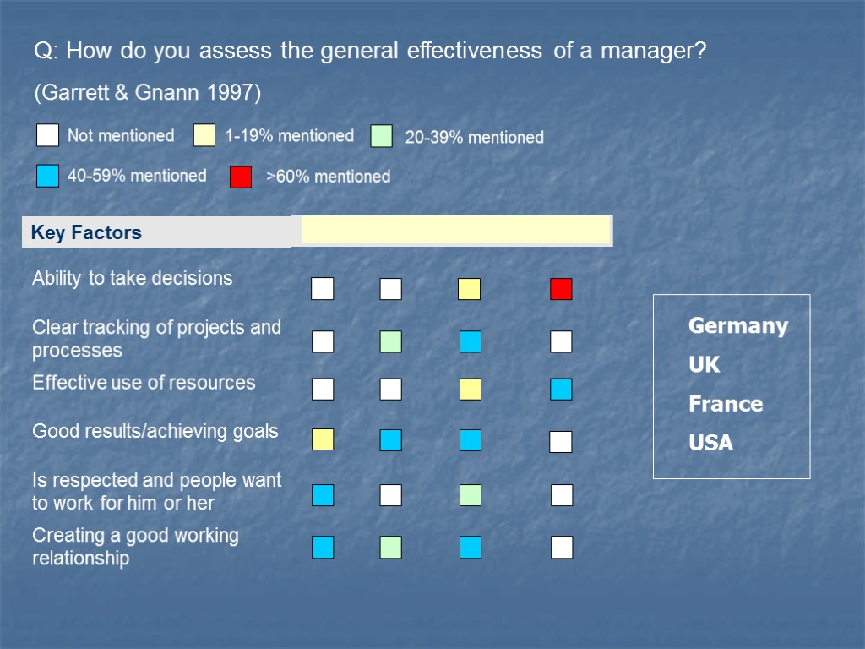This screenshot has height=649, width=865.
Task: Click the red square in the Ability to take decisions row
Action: [561, 289]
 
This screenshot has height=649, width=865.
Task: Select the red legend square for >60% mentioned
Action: [241, 177]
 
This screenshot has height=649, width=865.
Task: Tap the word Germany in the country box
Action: [738, 326]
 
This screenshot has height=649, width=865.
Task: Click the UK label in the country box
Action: [705, 365]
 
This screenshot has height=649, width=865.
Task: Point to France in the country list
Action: [726, 404]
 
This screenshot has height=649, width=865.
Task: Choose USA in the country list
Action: [711, 443]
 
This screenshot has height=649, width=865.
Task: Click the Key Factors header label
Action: [86, 232]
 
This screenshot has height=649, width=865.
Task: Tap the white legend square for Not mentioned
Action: [48, 135]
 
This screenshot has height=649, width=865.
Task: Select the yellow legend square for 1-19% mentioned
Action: [204, 135]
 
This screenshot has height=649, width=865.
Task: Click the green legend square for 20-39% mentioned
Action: [382, 136]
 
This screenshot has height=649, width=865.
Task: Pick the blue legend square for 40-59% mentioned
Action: [48, 176]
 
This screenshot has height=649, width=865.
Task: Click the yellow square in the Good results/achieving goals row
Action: [323, 439]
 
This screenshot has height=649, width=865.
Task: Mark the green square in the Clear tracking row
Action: [390, 341]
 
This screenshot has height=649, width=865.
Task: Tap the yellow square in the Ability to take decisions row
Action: [469, 289]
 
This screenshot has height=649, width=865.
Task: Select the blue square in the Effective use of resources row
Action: [561, 390]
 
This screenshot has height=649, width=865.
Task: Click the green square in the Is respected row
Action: [471, 495]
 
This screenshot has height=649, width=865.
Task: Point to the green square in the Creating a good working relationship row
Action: [390, 548]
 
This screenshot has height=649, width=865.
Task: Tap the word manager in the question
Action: [653, 52]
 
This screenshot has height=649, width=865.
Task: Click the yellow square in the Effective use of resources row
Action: [471, 390]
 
